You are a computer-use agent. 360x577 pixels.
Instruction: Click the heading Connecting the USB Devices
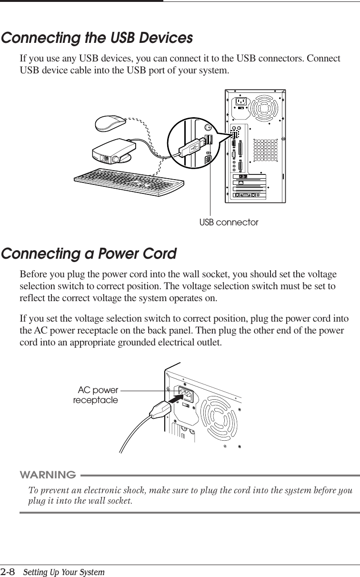coord(97,38)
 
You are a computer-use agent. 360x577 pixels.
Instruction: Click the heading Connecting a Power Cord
coord(89,253)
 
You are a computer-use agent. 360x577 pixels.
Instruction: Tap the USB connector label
coord(229,223)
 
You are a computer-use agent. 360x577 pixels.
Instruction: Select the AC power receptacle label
coord(96,395)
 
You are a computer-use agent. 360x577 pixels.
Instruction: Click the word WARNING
coord(48,475)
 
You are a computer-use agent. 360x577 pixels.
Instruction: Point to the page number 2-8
coord(8,571)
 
